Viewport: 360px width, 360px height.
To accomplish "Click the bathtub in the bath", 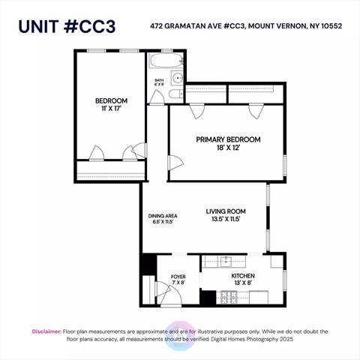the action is click(166, 60).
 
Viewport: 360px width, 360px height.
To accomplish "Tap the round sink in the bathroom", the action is click(178, 78).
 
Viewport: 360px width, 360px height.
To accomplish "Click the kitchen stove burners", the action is click(229, 298).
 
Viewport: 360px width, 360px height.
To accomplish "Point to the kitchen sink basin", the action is click(226, 260).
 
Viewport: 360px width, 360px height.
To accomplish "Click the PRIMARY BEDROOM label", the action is click(228, 139).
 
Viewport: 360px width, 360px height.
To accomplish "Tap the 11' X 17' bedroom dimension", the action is click(111, 109).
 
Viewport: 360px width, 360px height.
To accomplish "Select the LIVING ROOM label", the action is click(226, 211).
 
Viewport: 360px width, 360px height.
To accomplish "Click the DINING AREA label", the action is click(163, 216).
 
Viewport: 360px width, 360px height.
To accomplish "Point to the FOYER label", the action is click(178, 277).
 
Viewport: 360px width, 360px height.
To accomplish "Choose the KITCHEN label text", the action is click(243, 276).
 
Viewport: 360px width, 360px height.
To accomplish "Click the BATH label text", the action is click(159, 80).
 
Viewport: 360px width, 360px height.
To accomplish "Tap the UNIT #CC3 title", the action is click(67, 26).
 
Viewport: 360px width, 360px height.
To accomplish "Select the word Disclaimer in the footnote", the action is click(46, 331).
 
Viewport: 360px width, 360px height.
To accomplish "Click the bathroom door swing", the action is click(157, 97).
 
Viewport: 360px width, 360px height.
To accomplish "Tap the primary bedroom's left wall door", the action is click(176, 163).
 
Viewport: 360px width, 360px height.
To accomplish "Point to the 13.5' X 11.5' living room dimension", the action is click(226, 219).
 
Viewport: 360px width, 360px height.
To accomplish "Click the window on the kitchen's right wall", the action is click(285, 280).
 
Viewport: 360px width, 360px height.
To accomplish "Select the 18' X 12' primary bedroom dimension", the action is click(229, 148).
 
